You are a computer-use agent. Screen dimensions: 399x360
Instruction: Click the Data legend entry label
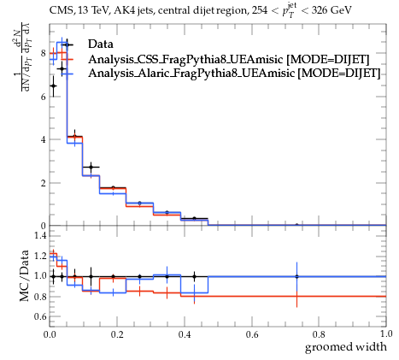[101, 44]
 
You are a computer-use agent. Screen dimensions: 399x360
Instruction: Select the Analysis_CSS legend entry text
[229, 59]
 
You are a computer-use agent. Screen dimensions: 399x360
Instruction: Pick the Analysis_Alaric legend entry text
[234, 74]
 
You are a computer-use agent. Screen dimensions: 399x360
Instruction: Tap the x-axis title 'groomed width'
[346, 347]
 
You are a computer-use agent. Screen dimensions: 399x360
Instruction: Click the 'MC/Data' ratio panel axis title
[24, 275]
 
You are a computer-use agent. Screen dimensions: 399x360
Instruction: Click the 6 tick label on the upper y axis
[44, 97]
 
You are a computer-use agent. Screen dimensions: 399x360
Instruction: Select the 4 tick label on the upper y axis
[44, 139]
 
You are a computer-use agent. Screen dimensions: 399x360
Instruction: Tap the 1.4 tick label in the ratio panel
[40, 235]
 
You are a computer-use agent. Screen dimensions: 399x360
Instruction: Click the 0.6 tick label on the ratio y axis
[40, 316]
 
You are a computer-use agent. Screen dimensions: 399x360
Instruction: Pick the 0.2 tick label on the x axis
[117, 334]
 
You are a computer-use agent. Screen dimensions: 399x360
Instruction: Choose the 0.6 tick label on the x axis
[252, 334]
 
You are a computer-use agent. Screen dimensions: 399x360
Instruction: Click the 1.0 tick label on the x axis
[386, 333]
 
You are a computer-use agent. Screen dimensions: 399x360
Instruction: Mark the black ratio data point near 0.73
[296, 276]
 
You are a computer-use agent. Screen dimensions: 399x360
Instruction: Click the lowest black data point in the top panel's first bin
[53, 86]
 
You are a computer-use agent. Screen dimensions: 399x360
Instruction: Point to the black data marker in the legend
[67, 44]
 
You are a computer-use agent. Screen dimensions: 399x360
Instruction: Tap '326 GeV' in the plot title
[332, 10]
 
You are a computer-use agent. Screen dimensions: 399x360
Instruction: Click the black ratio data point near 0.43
[194, 276]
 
